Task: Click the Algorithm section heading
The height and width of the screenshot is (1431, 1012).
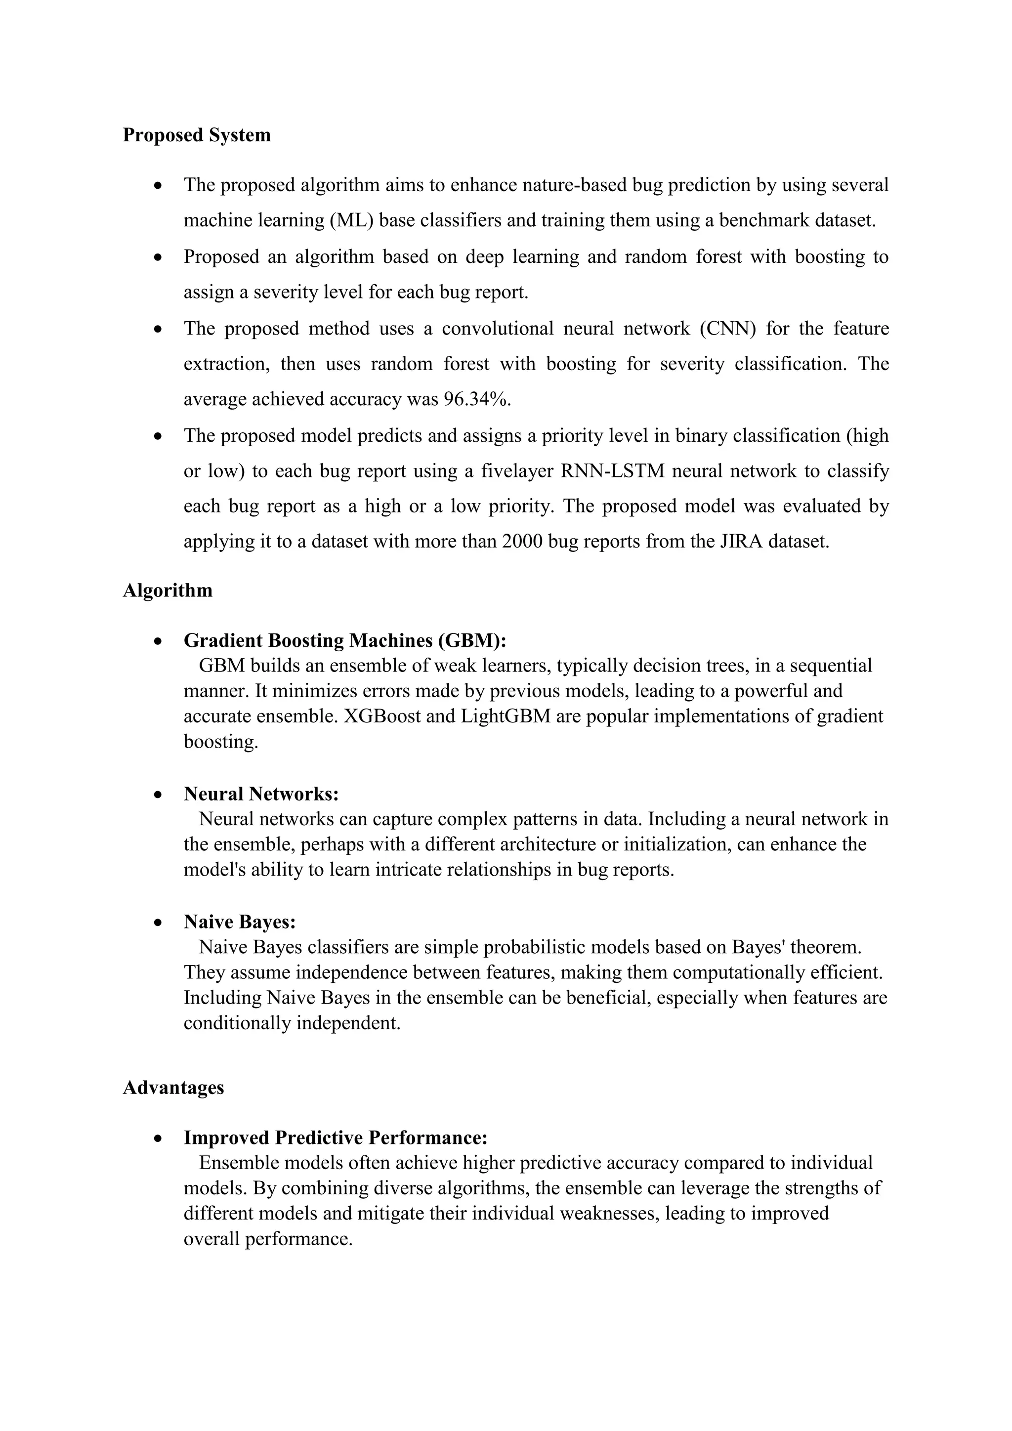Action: tap(167, 590)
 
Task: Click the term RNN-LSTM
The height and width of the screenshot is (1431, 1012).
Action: tap(613, 470)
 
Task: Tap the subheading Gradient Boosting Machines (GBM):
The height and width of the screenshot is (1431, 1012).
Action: tap(344, 641)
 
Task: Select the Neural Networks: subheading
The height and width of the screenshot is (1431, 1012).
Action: tap(261, 794)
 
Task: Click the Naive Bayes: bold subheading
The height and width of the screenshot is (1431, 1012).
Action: tap(239, 922)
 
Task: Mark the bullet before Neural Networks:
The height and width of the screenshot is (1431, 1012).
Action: tap(159, 795)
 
